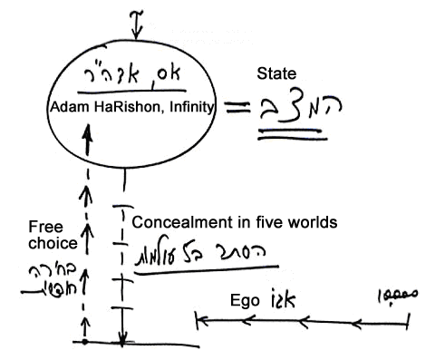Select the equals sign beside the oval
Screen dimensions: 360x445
click(x=238, y=110)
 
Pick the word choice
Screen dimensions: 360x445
click(x=47, y=243)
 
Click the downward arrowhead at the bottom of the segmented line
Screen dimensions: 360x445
click(x=122, y=334)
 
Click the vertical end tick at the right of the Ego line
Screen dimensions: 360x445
click(x=409, y=318)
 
